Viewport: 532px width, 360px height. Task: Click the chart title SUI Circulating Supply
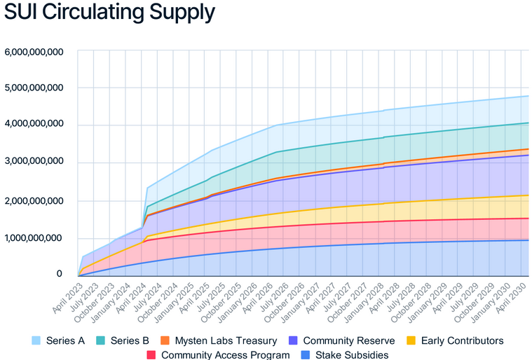point(109,13)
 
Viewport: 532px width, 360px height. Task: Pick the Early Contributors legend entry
point(460,340)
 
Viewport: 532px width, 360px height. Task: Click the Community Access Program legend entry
point(224,354)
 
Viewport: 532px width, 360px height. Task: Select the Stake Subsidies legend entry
point(350,354)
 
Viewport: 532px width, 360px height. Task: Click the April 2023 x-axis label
point(64,295)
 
